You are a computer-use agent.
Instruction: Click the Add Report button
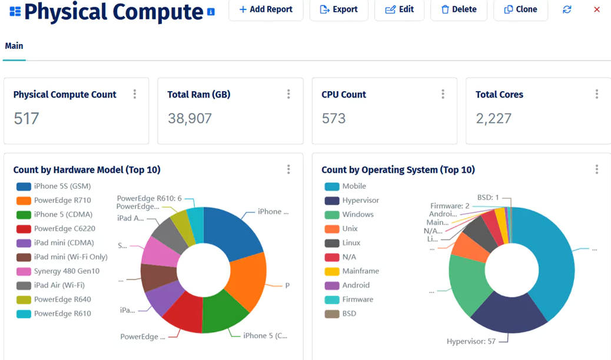265,9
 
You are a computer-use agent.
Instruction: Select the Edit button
399,9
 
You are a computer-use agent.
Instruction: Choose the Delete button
459,9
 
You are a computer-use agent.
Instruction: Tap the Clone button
520,9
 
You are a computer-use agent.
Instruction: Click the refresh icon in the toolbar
567,9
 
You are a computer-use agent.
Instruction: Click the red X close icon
597,9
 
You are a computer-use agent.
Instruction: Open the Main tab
14,46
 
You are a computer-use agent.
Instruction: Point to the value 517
26,118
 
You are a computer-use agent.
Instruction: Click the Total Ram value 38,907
190,118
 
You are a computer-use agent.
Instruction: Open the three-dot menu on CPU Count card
443,94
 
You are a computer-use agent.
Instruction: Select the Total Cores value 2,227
493,118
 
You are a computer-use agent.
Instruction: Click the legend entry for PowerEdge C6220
64,229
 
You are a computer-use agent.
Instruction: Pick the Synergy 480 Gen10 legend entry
67,271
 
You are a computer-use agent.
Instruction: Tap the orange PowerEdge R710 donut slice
249,281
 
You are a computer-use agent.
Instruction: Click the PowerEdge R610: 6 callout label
149,198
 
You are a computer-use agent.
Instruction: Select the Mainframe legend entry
360,271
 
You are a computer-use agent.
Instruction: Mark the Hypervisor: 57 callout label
471,341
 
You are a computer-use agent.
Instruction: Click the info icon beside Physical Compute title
211,12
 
